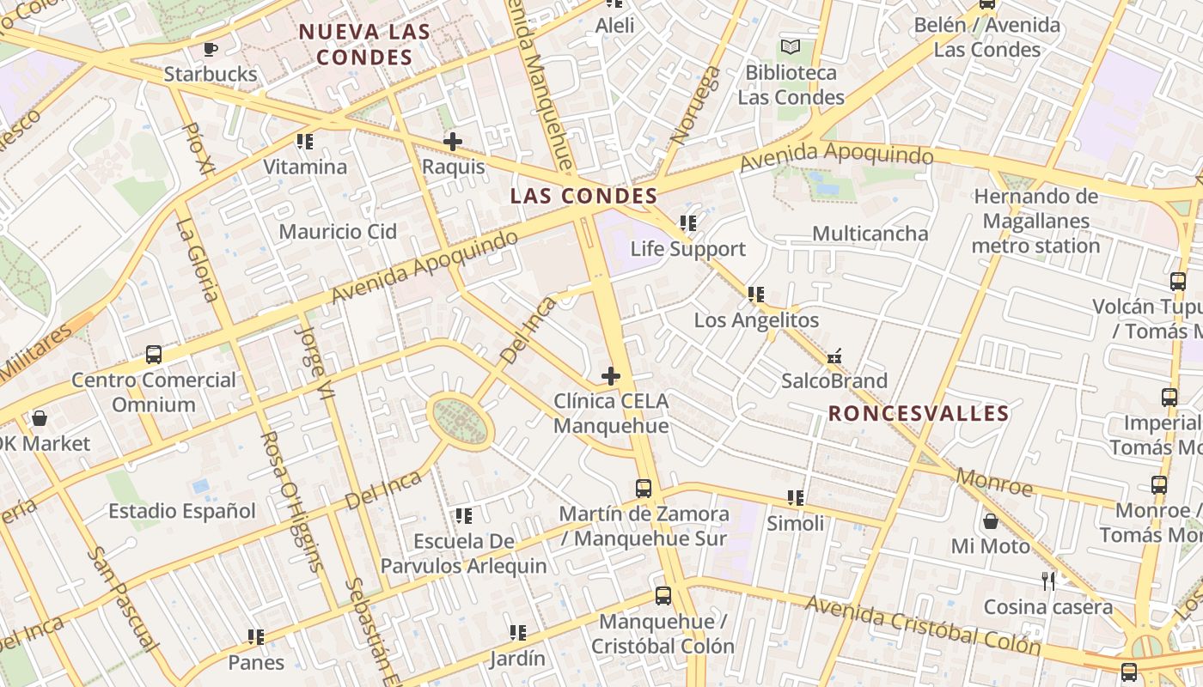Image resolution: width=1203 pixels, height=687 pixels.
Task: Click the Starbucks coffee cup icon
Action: [x=211, y=49]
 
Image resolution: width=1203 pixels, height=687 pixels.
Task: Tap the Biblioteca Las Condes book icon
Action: [x=790, y=47]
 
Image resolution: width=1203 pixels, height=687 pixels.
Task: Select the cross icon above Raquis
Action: [x=453, y=142]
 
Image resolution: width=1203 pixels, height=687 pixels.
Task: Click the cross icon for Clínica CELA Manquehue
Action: [x=611, y=376]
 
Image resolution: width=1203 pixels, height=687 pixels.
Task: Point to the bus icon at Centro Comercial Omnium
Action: [x=154, y=354]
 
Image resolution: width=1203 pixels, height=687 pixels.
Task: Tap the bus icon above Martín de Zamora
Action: [x=644, y=489]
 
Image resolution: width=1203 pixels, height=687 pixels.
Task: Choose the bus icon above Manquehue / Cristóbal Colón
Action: [x=663, y=596]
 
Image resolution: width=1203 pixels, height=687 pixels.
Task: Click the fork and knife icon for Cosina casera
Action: [x=1048, y=581]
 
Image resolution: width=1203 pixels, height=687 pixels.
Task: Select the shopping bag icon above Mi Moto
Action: [x=990, y=521]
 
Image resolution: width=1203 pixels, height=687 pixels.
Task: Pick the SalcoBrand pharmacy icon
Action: [x=834, y=356]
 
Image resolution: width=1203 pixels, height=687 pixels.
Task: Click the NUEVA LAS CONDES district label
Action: [x=364, y=45]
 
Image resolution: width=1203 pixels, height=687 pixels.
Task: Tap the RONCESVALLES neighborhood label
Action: [x=919, y=413]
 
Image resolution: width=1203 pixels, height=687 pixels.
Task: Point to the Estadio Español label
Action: [x=182, y=512]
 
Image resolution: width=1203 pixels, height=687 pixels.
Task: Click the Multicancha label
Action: [x=870, y=234]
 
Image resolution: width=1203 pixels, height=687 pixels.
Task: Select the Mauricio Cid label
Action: [x=338, y=232]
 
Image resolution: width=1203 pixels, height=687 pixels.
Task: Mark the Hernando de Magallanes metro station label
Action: [x=1035, y=222]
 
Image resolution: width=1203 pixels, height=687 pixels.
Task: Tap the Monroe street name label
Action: [x=994, y=483]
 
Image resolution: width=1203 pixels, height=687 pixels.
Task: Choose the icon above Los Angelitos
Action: [x=756, y=295]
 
